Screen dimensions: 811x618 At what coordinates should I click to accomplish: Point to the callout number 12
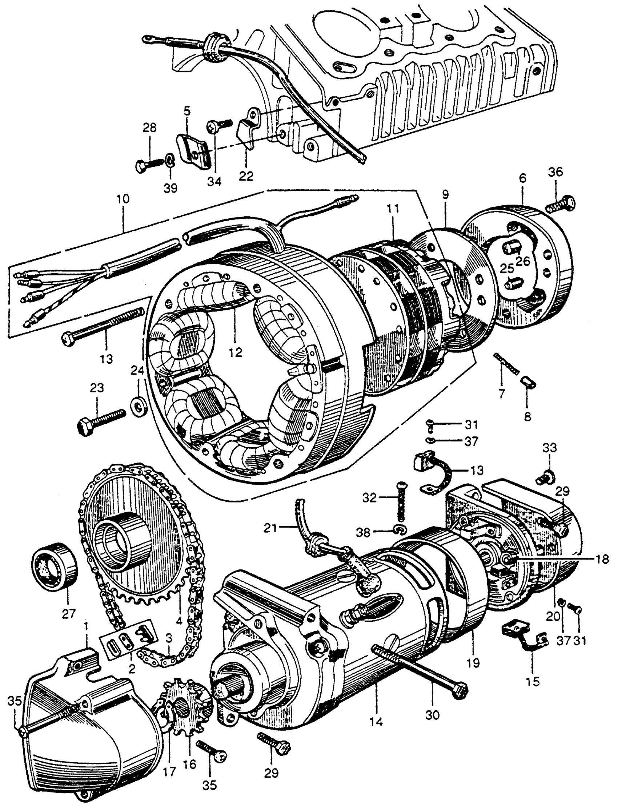[236, 352]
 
